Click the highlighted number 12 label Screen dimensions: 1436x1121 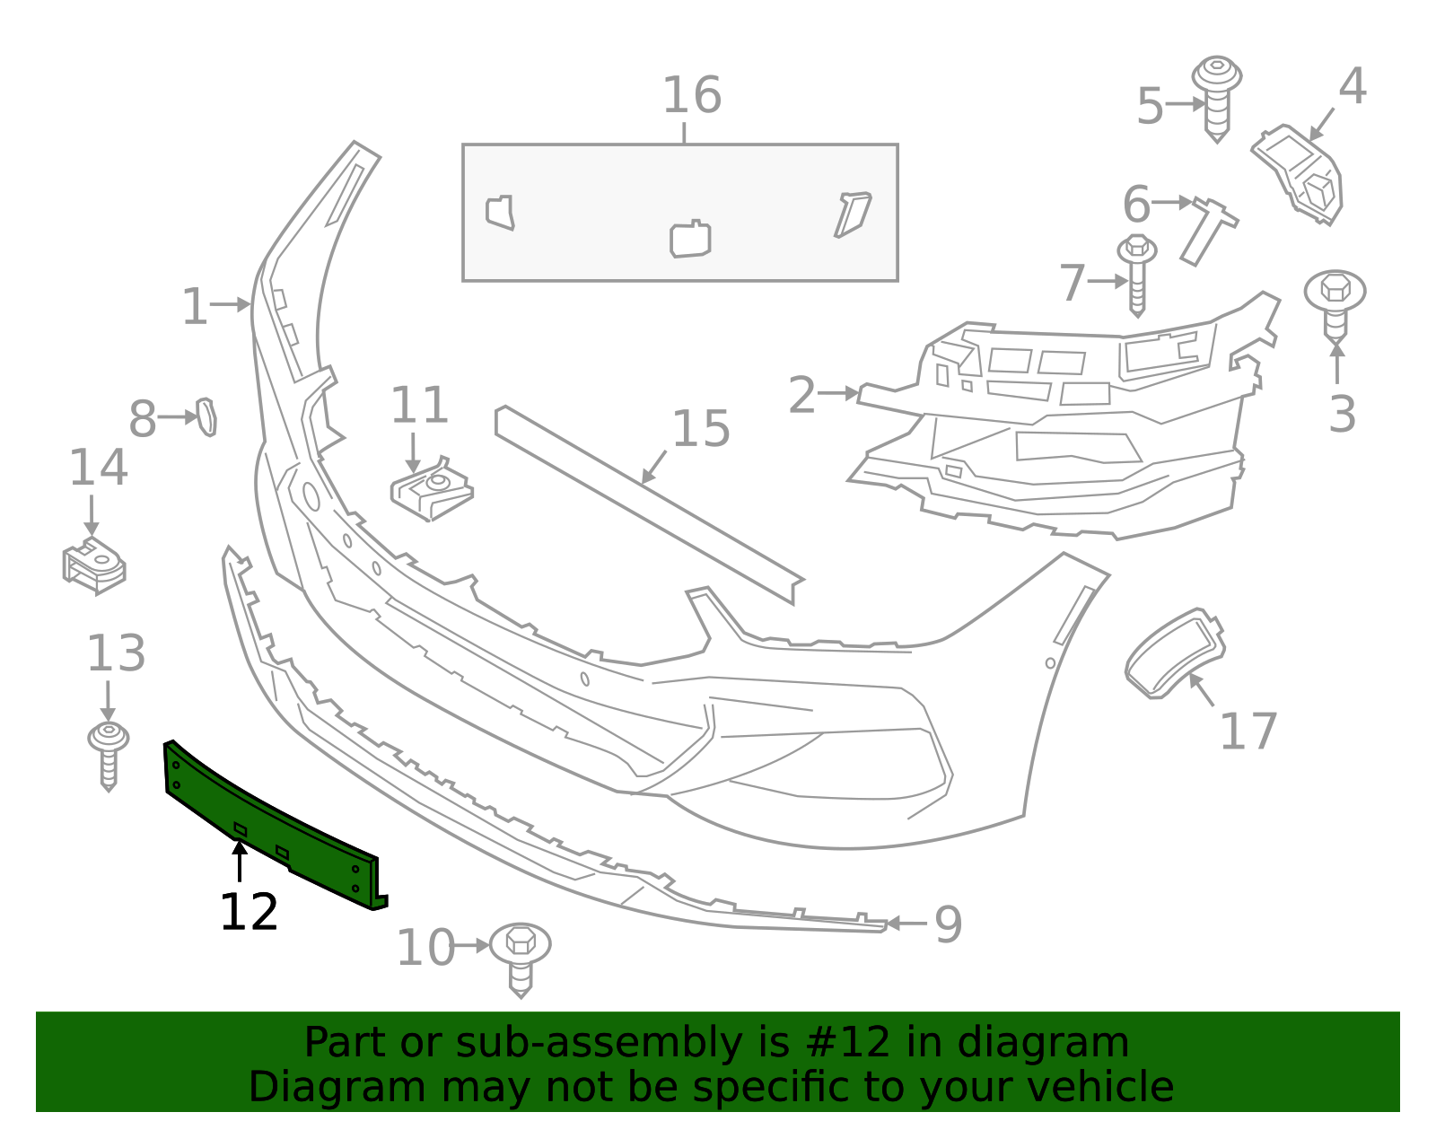tap(249, 912)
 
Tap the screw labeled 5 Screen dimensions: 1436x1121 tap(1217, 99)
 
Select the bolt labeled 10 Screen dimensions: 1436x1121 tap(521, 959)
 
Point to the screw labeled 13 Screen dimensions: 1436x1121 tap(109, 757)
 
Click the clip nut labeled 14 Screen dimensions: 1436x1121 tap(94, 566)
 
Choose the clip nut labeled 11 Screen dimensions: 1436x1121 tap(432, 489)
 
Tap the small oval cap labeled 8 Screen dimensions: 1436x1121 tap(206, 416)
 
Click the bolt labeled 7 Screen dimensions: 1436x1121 tap(1136, 276)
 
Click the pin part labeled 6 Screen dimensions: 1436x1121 tap(1208, 232)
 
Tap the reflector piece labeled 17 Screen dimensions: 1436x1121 tap(1174, 652)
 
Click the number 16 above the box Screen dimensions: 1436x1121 tap(692, 96)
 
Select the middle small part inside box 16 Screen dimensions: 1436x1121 tap(690, 239)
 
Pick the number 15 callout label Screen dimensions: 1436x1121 tap(700, 429)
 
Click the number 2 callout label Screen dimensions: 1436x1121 tap(801, 395)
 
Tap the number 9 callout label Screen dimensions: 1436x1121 tap(949, 924)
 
